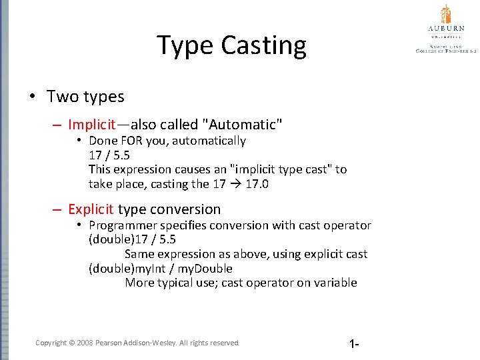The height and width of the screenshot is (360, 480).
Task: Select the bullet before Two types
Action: pos(33,97)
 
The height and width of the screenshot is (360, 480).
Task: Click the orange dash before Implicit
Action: pos(59,125)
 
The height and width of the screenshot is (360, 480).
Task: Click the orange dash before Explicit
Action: pos(59,209)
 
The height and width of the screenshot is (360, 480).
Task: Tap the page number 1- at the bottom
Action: pos(354,344)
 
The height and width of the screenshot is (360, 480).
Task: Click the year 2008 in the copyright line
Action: pos(85,343)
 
